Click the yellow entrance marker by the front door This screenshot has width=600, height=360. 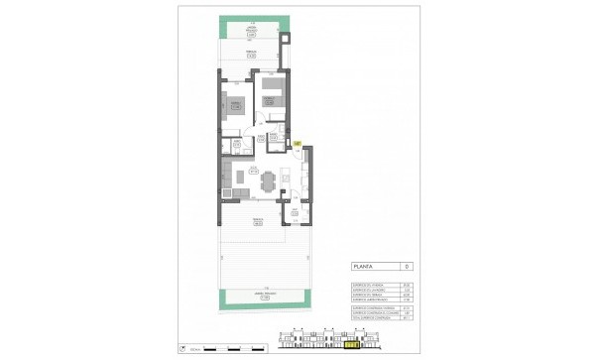[x=299, y=144]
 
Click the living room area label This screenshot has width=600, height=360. [x=253, y=170]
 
